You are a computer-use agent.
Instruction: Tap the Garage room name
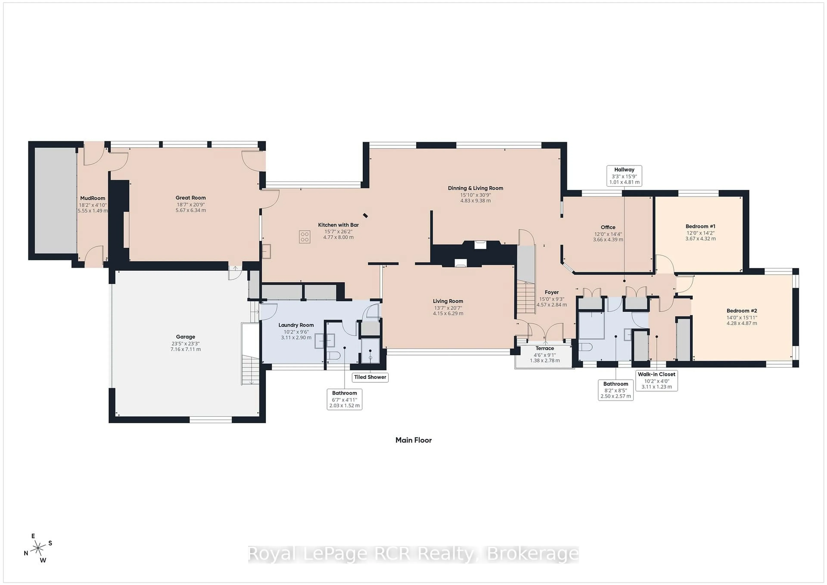pyautogui.click(x=185, y=337)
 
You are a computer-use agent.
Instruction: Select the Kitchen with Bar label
pyautogui.click(x=338, y=225)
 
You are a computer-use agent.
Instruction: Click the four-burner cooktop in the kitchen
pyautogui.click(x=305, y=237)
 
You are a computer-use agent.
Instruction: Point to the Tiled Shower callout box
pyautogui.click(x=370, y=377)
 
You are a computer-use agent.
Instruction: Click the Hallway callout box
pyautogui.click(x=624, y=175)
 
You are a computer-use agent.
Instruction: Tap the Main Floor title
pyautogui.click(x=413, y=440)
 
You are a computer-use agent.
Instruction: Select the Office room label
pyautogui.click(x=608, y=227)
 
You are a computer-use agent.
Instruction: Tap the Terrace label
pyautogui.click(x=545, y=348)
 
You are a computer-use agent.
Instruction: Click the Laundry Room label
pyautogui.click(x=296, y=325)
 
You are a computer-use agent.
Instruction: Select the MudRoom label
pyautogui.click(x=93, y=198)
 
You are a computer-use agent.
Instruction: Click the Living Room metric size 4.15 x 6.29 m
pyautogui.click(x=448, y=313)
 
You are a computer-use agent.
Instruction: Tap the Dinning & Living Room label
pyautogui.click(x=476, y=188)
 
